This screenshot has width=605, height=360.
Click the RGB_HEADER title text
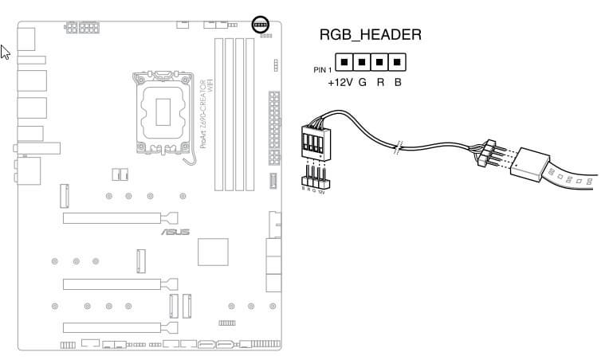(370, 35)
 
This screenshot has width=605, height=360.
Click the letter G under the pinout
(362, 82)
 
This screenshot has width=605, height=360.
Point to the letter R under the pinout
(380, 82)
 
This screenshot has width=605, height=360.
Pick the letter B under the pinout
(398, 82)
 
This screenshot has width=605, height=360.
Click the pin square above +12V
(344, 61)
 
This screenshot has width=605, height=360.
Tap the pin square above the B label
(396, 61)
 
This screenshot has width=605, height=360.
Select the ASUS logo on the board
(175, 233)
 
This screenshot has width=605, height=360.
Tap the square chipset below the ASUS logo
(212, 253)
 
